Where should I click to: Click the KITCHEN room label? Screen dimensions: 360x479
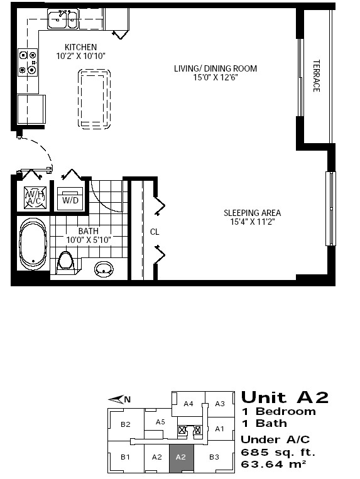click(x=80, y=47)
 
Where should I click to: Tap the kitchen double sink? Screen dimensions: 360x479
click(x=63, y=19)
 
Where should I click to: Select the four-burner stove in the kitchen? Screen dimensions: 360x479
click(x=28, y=62)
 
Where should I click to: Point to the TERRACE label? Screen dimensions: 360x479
click(x=316, y=76)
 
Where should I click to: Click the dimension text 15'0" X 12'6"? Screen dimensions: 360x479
click(x=215, y=78)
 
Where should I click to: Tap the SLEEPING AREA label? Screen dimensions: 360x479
click(x=252, y=213)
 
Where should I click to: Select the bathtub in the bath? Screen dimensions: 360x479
click(x=33, y=244)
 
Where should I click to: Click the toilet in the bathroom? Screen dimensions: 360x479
click(x=65, y=261)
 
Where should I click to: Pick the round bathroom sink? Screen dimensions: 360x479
click(x=104, y=269)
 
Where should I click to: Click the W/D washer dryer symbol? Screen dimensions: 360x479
click(x=70, y=199)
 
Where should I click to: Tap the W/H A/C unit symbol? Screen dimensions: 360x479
click(x=35, y=198)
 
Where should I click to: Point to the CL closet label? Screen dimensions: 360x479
click(x=155, y=232)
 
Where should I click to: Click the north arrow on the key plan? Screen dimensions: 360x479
click(x=119, y=399)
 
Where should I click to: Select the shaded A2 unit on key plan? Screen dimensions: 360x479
click(x=181, y=458)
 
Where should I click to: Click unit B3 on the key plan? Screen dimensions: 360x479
click(x=214, y=457)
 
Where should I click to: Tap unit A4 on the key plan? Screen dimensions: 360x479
click(x=188, y=404)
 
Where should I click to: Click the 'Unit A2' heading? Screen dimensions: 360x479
click(x=285, y=397)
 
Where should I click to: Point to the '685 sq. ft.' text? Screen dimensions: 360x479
click(x=278, y=452)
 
